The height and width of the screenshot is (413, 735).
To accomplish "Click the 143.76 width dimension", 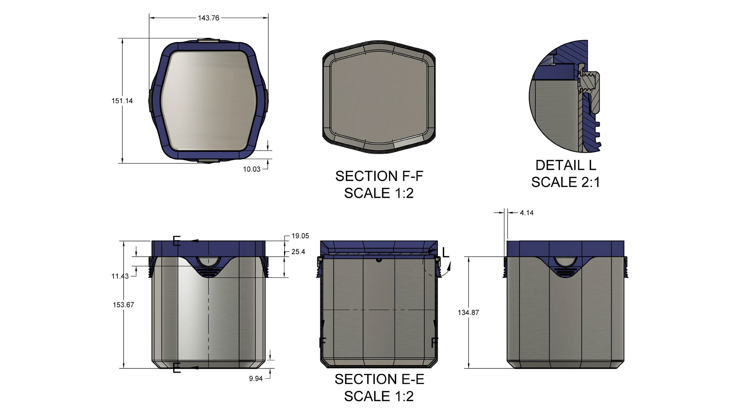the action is (x=208, y=18).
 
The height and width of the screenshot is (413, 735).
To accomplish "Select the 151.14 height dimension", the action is (x=122, y=101).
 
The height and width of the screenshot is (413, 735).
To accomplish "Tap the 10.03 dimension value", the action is (x=252, y=169).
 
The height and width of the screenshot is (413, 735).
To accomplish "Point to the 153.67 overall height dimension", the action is (x=123, y=305).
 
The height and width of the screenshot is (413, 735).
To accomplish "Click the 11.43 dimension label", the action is (x=120, y=276).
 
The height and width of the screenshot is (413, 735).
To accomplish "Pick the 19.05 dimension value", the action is (x=300, y=236).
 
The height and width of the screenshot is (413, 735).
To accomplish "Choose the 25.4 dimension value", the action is (x=298, y=252).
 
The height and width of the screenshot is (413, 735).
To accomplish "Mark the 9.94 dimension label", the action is (x=256, y=379).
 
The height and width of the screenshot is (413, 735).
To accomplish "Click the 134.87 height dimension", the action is (x=468, y=313).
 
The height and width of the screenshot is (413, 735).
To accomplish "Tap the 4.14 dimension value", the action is (x=527, y=213).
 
